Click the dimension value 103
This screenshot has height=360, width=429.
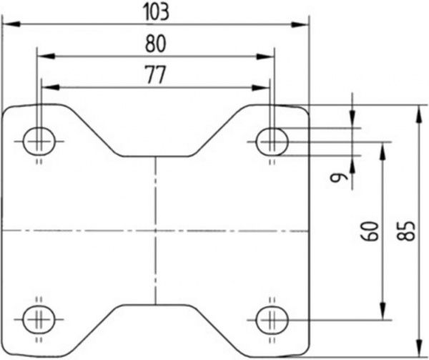[156, 12]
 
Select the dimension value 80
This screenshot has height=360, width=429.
[156, 44]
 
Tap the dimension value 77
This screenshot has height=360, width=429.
[156, 74]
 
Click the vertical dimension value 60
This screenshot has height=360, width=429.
[370, 231]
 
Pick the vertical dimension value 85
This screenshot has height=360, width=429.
[406, 231]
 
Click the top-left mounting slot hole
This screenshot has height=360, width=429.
[39, 141]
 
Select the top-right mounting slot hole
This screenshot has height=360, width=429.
[272, 142]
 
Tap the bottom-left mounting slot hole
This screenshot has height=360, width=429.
[39, 319]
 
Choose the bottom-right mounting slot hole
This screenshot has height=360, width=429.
[272, 320]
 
